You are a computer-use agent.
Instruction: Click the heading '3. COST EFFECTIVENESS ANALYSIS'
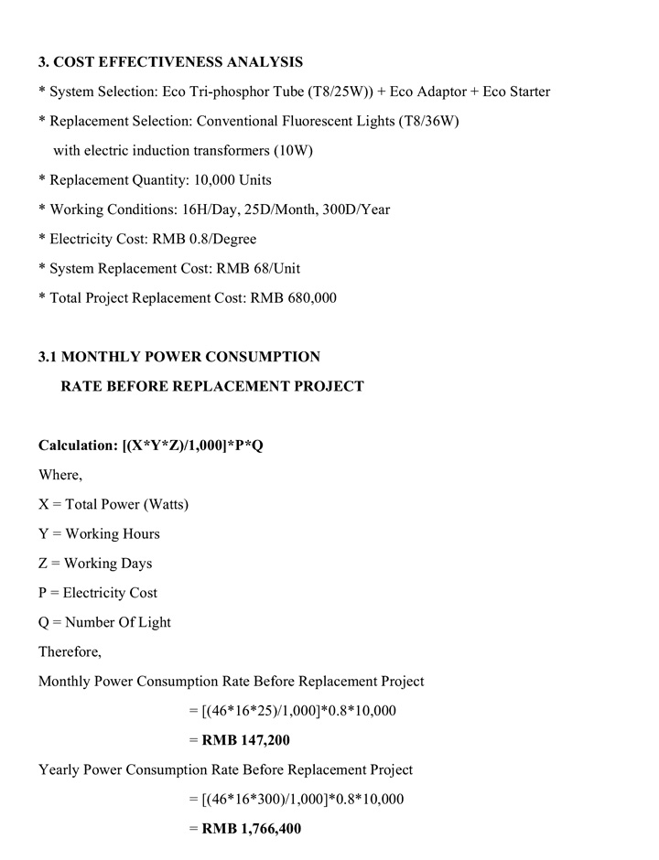[x=170, y=62]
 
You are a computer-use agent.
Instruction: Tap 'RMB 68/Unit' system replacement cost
[x=255, y=268]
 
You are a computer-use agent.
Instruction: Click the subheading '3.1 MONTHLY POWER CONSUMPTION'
[x=179, y=357]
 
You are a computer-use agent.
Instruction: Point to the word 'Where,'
[x=60, y=475]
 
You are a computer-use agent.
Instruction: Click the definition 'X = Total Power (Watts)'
[x=113, y=504]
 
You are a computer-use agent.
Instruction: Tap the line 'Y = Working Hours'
[x=99, y=533]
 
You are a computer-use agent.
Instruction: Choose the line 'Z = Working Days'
[x=95, y=563]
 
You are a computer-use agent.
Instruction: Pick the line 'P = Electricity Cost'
[x=98, y=593]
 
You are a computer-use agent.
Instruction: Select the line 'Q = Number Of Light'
[x=104, y=622]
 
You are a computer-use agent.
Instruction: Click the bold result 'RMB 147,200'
[x=240, y=740]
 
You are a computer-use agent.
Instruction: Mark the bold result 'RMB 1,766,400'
[x=247, y=829]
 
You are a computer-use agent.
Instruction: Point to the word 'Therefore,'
[x=70, y=651]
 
